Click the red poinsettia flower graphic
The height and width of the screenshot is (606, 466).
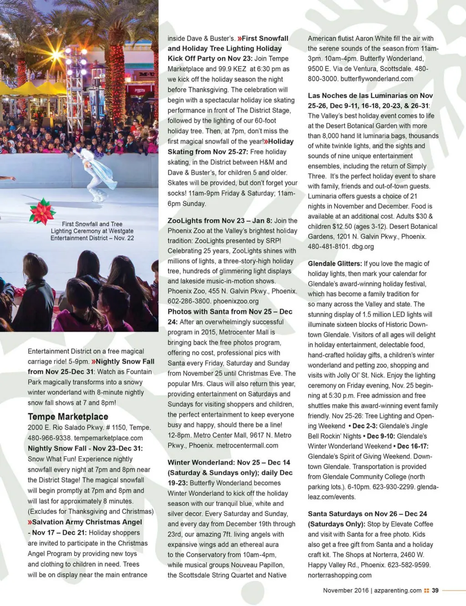click(42, 211)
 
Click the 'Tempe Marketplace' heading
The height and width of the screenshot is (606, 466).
click(68, 416)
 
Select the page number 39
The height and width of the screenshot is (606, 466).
click(435, 591)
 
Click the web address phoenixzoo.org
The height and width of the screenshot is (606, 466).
click(236, 301)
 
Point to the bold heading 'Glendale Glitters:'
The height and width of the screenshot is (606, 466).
click(334, 264)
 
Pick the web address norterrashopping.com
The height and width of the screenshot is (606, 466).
click(339, 575)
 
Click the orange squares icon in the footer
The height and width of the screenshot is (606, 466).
click(426, 591)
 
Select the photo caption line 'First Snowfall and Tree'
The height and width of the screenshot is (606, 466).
click(92, 224)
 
